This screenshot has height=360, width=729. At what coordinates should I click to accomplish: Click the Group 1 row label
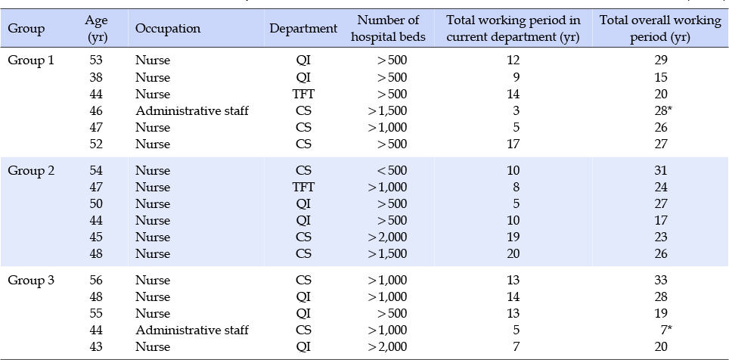point(31,61)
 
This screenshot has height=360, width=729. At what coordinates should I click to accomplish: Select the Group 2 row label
point(31,171)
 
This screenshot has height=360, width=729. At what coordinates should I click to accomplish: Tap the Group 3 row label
point(31,281)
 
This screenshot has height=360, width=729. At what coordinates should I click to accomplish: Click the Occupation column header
point(168,29)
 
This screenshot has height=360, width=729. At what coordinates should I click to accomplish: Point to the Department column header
point(303,29)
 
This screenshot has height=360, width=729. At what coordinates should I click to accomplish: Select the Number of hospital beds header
point(388,29)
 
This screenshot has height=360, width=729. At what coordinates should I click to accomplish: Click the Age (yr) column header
point(97,29)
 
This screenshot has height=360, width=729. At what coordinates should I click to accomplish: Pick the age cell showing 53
point(96,61)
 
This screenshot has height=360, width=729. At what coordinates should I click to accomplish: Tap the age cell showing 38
point(96,77)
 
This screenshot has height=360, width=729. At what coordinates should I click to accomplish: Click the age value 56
point(96,281)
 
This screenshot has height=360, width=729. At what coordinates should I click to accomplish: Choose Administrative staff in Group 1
point(192,110)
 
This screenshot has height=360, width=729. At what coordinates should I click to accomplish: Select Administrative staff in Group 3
point(192,331)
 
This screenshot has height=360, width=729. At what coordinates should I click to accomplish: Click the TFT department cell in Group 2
point(303,188)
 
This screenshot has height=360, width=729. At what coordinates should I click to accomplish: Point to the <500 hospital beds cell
point(387,171)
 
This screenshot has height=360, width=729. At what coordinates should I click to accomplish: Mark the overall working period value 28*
point(662,110)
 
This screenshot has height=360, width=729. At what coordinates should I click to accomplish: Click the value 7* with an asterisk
point(666,331)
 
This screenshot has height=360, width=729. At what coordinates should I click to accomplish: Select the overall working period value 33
point(660,281)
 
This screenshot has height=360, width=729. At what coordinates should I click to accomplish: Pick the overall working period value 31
point(660,171)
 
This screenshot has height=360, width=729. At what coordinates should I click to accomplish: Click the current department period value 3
point(517,110)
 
